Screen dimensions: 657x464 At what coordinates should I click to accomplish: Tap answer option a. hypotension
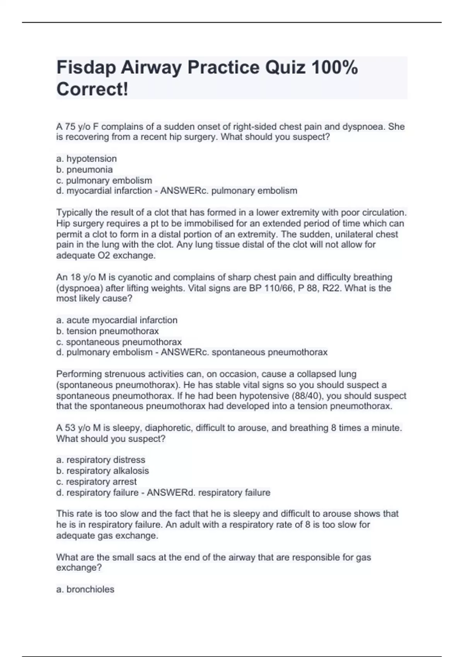coord(86,158)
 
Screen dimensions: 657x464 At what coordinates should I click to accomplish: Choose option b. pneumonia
coord(84,169)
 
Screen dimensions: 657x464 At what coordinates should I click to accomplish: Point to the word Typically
coord(75,213)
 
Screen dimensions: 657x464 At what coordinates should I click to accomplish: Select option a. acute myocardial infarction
coord(117,320)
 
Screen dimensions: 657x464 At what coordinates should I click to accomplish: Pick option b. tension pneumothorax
coord(107,331)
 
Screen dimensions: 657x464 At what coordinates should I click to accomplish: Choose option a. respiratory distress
coord(101,460)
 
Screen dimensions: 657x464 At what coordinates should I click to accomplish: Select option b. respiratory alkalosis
coord(102,471)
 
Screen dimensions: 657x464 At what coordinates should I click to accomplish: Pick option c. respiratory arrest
coord(96,482)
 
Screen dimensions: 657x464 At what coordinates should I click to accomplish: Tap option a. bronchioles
coord(85,589)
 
